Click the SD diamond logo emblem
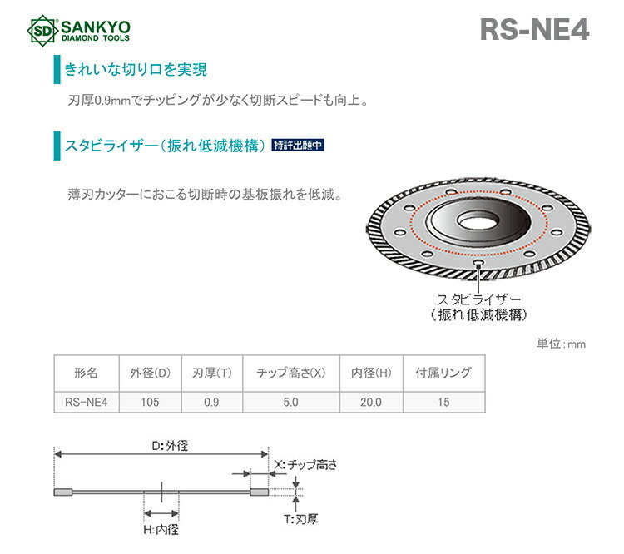43,31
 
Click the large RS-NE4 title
534,30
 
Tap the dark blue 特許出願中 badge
298,145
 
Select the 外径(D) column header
150,373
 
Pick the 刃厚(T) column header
211,373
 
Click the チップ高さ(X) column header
291,373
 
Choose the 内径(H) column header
371,373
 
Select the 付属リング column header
443,373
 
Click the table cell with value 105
150,402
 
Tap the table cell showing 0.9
211,402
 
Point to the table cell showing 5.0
291,402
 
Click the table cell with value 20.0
371,402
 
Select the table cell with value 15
443,402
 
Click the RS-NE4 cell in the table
87,402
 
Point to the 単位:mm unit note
561,344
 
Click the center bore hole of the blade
477,222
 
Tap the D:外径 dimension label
170,445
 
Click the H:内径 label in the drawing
161,530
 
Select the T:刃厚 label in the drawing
301,519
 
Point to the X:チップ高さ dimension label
305,464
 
